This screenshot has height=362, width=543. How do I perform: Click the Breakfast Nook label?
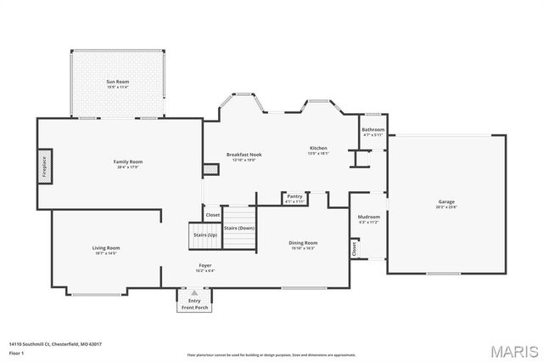pos(244,155)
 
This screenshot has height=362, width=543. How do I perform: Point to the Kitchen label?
pos(317,149)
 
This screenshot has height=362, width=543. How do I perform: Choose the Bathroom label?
pos(373,130)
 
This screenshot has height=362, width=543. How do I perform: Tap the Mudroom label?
pos(368,217)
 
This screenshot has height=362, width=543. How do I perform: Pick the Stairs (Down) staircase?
pos(239,228)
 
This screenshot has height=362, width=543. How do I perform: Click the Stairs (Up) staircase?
pos(202,234)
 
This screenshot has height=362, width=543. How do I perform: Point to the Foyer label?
pos(204,266)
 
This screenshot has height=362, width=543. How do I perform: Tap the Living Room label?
pos(106,248)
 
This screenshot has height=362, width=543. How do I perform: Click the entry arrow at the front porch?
pos(194,293)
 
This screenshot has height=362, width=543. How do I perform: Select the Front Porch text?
pos(194,307)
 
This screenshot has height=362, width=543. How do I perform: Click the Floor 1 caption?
pos(17,352)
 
